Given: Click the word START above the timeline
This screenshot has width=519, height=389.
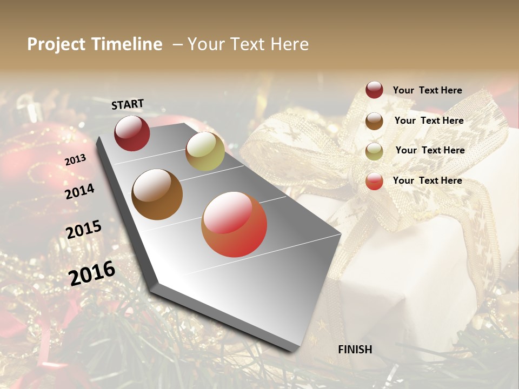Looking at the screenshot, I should point(128,104).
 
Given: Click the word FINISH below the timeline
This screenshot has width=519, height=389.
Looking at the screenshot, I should point(355,350).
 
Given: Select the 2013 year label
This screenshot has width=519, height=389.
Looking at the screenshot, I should point(75,159).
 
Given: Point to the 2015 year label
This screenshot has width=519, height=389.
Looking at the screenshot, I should point(84,230).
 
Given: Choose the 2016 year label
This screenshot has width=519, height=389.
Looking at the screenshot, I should point(92,273).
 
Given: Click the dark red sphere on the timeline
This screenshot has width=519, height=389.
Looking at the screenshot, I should point(132,133).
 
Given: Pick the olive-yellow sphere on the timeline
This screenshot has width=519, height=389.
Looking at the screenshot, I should point(205,151).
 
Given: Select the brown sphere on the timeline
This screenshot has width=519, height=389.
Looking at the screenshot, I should point(157,194).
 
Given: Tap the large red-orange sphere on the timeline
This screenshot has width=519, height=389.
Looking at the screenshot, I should point(234,224).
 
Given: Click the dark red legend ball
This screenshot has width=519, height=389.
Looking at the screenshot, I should point(374,90).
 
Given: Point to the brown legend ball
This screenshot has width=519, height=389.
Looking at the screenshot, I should point(374,121).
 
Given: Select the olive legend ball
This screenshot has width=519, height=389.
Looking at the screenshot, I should point(374,151).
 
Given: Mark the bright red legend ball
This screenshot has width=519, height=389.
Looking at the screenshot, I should point(374,181).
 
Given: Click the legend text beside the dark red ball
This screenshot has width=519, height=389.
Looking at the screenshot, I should point(427,90).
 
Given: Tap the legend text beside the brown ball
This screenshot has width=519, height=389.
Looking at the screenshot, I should point(429,120).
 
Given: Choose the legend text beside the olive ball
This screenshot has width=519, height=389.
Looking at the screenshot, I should point(430,150).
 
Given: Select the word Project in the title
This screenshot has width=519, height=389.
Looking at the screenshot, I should point(56,44).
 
